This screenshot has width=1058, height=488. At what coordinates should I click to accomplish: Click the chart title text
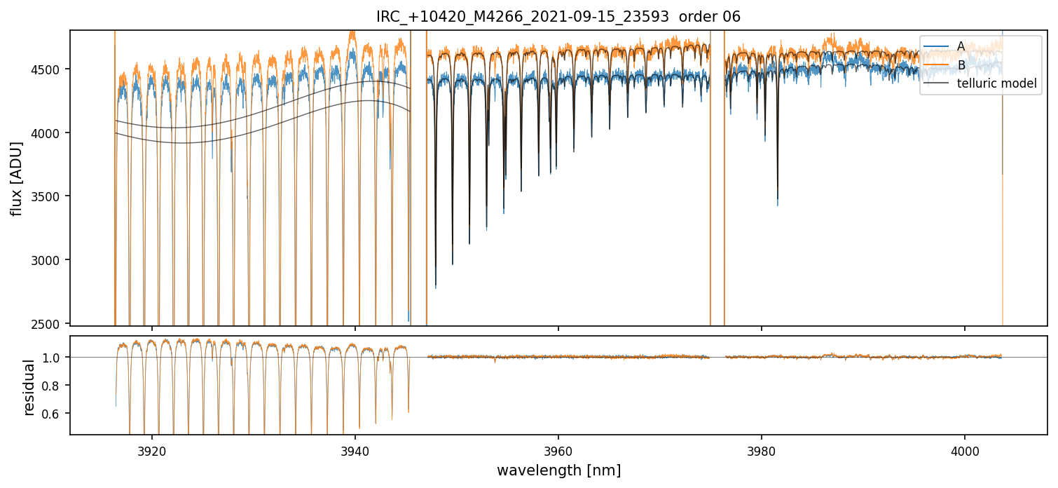tap(558, 17)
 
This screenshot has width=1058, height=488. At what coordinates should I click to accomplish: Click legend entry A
tap(961, 46)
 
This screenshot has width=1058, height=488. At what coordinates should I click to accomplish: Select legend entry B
tap(961, 65)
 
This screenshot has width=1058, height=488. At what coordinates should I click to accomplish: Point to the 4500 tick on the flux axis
tap(52, 69)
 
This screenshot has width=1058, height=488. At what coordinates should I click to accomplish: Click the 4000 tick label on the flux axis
tap(52, 133)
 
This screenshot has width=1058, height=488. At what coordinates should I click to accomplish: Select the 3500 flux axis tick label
tap(52, 196)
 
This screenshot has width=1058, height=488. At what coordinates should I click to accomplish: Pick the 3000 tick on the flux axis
tap(52, 260)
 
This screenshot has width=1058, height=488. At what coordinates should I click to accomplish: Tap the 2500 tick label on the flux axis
tap(52, 324)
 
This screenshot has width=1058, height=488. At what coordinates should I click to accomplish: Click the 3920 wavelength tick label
tap(152, 449)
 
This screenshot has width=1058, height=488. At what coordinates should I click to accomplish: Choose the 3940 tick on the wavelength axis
tap(355, 449)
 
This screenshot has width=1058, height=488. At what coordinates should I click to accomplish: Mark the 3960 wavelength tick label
tap(558, 449)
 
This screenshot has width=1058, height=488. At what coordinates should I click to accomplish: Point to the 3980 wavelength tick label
tap(762, 449)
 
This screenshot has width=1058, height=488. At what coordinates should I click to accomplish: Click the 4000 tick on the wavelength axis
tap(965, 449)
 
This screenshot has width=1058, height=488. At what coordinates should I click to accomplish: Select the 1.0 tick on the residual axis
tap(56, 358)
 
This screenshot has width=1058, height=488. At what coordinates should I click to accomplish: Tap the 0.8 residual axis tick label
tap(56, 386)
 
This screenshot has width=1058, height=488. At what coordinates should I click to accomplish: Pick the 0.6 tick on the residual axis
tap(56, 414)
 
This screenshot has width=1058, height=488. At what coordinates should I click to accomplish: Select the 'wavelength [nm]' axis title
tap(558, 470)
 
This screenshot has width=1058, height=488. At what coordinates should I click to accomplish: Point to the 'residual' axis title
tap(29, 387)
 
